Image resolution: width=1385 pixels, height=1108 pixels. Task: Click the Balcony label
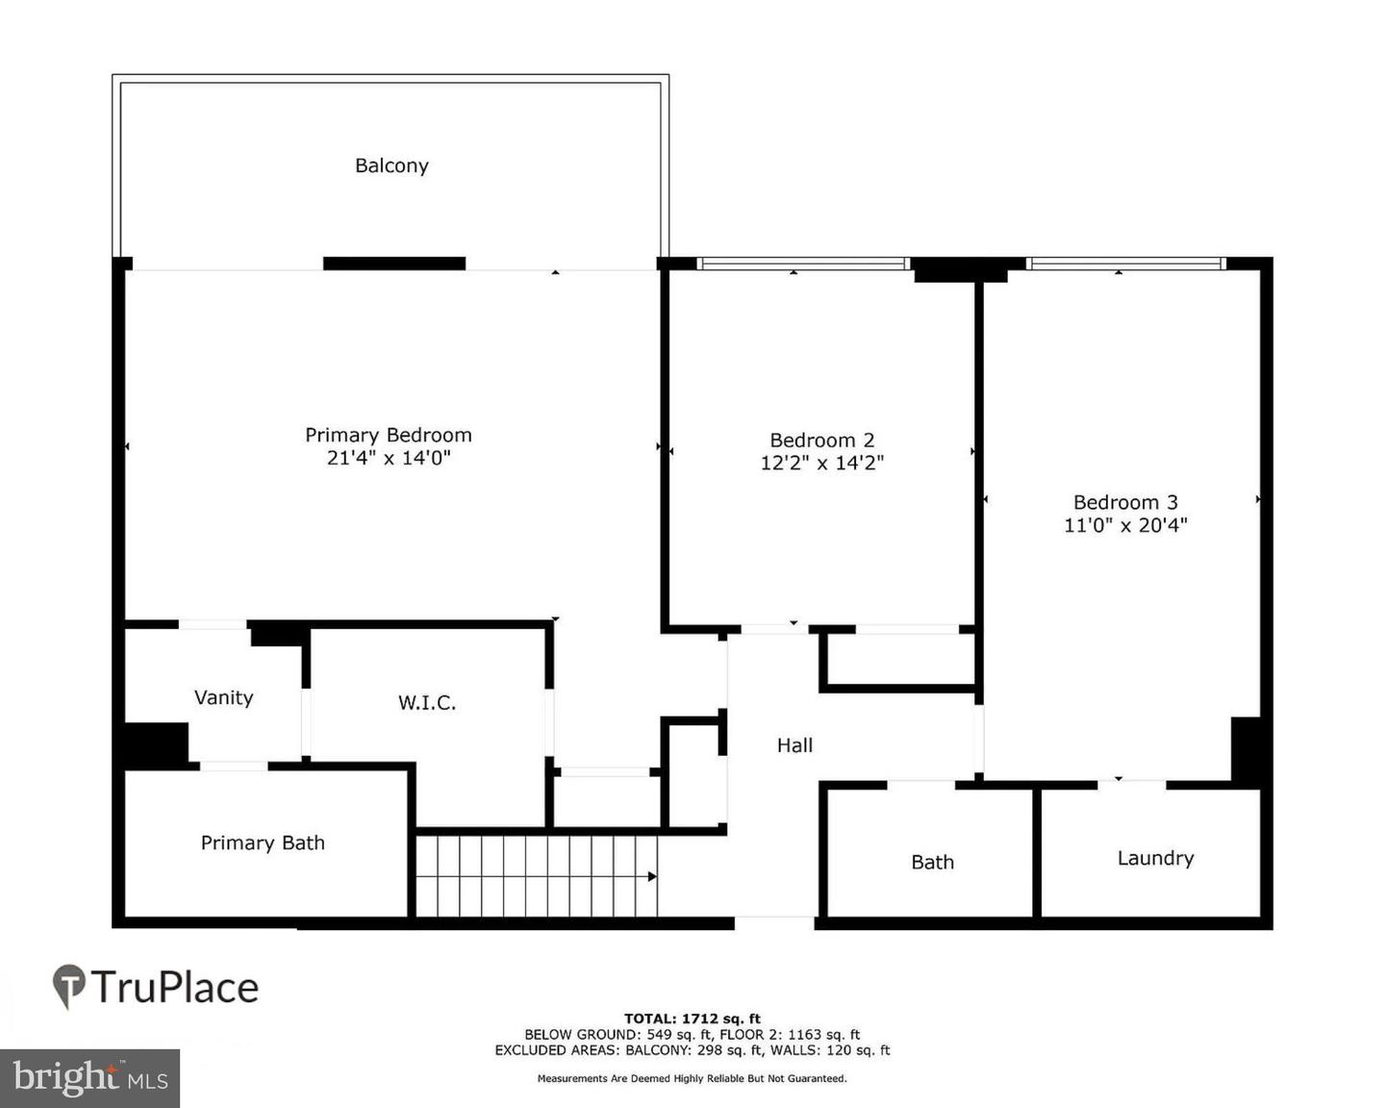tap(391, 165)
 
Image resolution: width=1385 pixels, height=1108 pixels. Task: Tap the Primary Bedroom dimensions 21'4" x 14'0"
tap(389, 459)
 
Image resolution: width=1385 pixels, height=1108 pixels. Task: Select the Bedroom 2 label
tap(822, 441)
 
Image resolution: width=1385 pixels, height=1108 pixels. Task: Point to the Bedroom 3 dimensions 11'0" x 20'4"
tap(1125, 525)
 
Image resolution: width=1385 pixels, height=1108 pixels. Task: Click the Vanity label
tap(223, 697)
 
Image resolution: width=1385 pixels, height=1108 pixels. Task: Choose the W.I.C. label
tap(427, 703)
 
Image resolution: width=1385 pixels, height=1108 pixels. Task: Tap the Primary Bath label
tap(263, 844)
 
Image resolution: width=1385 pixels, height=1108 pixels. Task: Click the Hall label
tap(794, 745)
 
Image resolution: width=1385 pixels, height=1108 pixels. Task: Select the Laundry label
tap(1155, 858)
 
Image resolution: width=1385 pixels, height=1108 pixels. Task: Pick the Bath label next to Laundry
tap(932, 863)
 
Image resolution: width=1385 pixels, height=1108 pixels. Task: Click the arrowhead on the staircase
tap(652, 876)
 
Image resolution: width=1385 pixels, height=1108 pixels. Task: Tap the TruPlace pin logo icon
tap(68, 987)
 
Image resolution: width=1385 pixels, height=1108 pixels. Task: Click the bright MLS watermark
tap(90, 1077)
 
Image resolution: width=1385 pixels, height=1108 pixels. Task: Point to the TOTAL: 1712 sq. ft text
tap(692, 1019)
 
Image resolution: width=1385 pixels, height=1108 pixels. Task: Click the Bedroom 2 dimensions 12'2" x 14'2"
tap(822, 464)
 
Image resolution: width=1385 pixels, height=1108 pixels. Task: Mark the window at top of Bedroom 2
tap(802, 264)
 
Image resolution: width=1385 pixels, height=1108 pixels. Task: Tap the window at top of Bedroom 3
tap(1125, 264)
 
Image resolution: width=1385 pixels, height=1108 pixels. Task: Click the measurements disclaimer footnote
tap(692, 1079)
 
